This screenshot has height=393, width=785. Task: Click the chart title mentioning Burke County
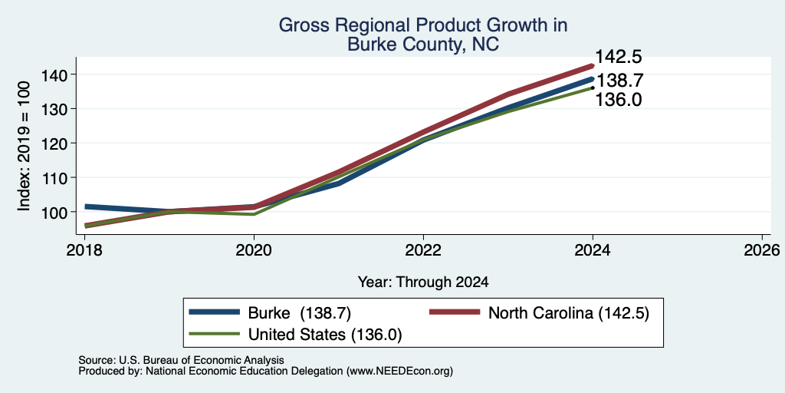(x=422, y=35)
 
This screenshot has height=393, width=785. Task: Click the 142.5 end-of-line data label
(x=618, y=57)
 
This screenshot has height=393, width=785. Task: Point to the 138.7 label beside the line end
(x=618, y=81)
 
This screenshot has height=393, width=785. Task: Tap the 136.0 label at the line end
(x=618, y=100)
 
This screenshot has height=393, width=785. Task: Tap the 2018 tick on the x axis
(x=84, y=250)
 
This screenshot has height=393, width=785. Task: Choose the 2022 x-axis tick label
(x=423, y=250)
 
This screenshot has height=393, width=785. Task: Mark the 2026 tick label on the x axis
(x=762, y=250)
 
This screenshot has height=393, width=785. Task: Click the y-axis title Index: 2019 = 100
(x=24, y=147)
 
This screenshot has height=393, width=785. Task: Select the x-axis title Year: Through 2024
(x=423, y=282)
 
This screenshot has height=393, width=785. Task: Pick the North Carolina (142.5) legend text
(x=569, y=313)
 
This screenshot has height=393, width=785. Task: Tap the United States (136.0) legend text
(x=325, y=335)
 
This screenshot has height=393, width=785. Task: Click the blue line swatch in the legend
(x=215, y=312)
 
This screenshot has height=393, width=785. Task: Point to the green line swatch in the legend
(x=215, y=334)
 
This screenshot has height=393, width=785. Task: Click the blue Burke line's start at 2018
(x=86, y=206)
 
